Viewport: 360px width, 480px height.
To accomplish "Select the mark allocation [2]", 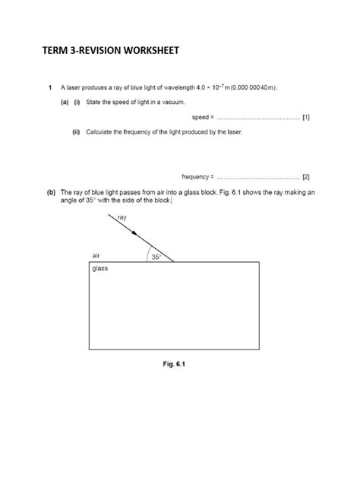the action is pyautogui.click(x=305, y=175).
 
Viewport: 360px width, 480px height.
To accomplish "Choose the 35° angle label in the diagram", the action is pyautogui.click(x=156, y=257).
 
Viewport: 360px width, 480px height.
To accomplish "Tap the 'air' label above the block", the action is pyautogui.click(x=96, y=256).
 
